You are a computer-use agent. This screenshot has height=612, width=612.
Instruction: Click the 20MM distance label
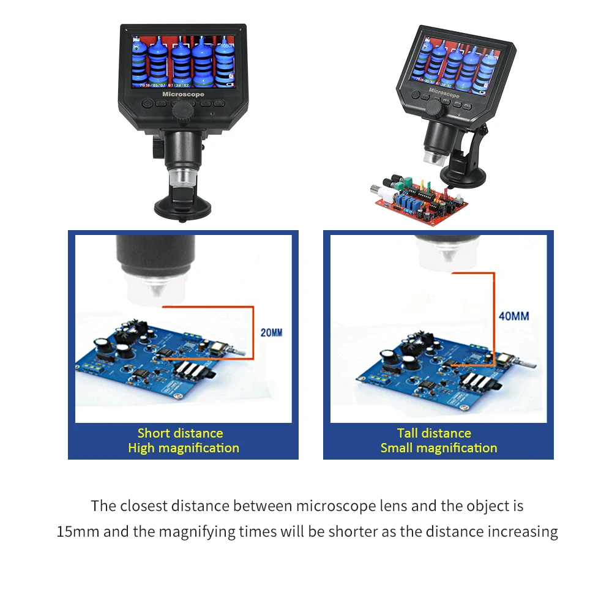[272, 333]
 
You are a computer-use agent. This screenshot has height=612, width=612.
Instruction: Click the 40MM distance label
[513, 316]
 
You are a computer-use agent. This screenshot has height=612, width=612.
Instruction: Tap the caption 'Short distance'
[180, 433]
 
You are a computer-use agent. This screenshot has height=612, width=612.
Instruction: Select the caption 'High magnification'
[183, 448]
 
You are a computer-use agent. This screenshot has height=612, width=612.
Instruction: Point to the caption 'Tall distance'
[434, 433]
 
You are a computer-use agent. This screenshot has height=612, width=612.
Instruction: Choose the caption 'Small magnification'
[438, 448]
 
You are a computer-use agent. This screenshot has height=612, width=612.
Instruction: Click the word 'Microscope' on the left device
[183, 95]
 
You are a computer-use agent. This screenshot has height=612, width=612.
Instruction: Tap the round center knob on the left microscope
[182, 110]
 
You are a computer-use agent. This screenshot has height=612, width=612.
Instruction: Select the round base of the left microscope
[183, 206]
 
